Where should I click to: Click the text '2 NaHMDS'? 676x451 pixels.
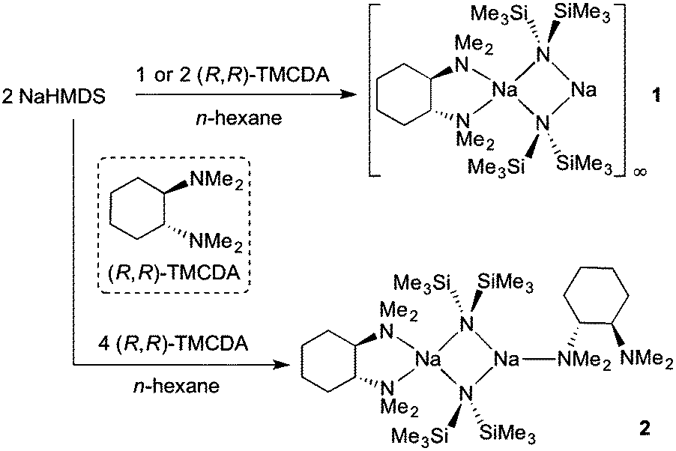click(x=53, y=97)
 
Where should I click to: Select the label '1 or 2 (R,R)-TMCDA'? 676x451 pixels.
click(x=232, y=75)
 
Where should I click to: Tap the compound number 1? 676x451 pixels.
click(x=656, y=95)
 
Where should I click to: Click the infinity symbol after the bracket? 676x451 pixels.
click(x=640, y=172)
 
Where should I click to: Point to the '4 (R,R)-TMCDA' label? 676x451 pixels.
click(x=173, y=344)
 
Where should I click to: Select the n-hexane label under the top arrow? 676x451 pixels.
click(x=239, y=117)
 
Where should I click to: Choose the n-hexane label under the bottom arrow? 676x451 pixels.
click(x=176, y=385)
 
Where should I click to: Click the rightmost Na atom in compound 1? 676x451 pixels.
click(x=584, y=90)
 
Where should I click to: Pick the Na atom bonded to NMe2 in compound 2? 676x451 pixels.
click(x=506, y=359)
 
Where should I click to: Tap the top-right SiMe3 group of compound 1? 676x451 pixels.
click(x=582, y=14)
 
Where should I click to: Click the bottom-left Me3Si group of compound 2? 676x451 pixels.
click(x=420, y=435)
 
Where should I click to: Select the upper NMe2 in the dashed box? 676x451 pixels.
click(x=217, y=181)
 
